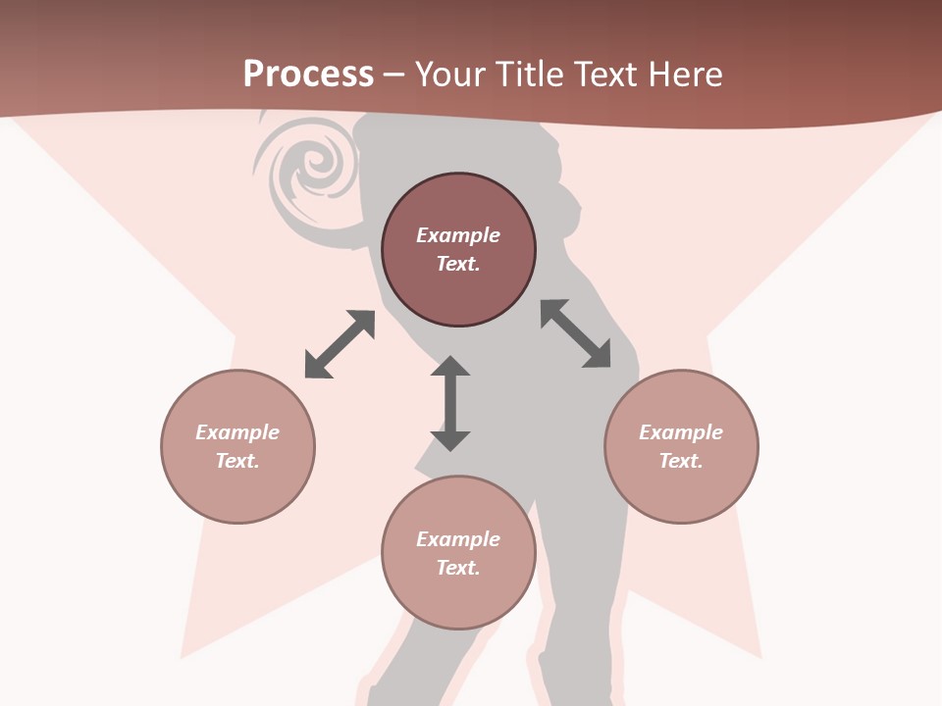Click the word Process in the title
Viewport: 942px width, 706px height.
tap(308, 75)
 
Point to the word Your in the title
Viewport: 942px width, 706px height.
tap(451, 75)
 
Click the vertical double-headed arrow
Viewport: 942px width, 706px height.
tap(450, 403)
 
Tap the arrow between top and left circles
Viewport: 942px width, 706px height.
tap(340, 344)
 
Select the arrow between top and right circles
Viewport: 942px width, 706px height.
tap(576, 333)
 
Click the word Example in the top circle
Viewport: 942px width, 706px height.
tap(458, 235)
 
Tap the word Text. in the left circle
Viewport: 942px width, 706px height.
tap(237, 461)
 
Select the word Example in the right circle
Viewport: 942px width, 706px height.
tap(681, 432)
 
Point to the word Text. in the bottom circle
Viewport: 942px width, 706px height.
tap(458, 568)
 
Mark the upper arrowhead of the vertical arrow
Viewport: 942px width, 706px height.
tap(450, 367)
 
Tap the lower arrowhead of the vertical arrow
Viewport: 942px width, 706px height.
tap(450, 439)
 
